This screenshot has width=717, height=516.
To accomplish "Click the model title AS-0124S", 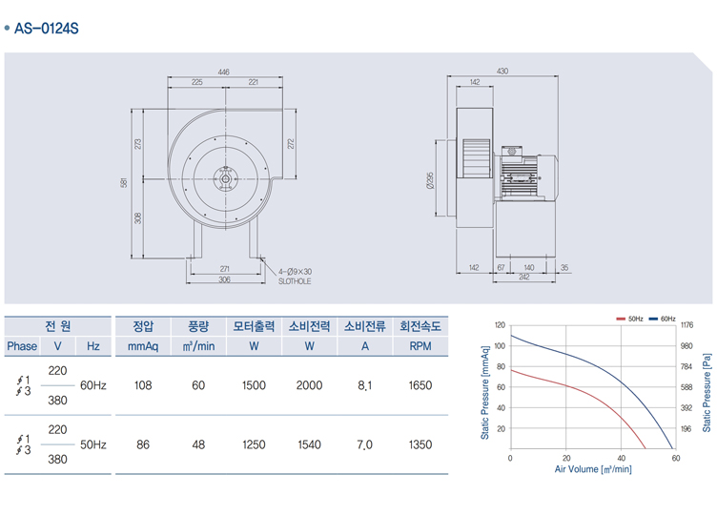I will (47, 29).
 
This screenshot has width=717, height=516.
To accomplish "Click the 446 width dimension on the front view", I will (223, 72).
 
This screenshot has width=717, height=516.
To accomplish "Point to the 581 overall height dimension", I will (124, 183).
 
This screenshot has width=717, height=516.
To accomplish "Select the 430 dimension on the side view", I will (502, 72).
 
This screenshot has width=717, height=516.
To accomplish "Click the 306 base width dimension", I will (224, 279).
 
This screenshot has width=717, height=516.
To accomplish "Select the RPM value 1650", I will (420, 385).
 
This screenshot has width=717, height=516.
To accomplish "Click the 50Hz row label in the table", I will (92, 444).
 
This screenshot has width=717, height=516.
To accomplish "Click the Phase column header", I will (23, 346).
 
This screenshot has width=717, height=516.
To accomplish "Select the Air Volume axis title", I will (593, 469).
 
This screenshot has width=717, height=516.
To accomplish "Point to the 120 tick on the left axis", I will (500, 325).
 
